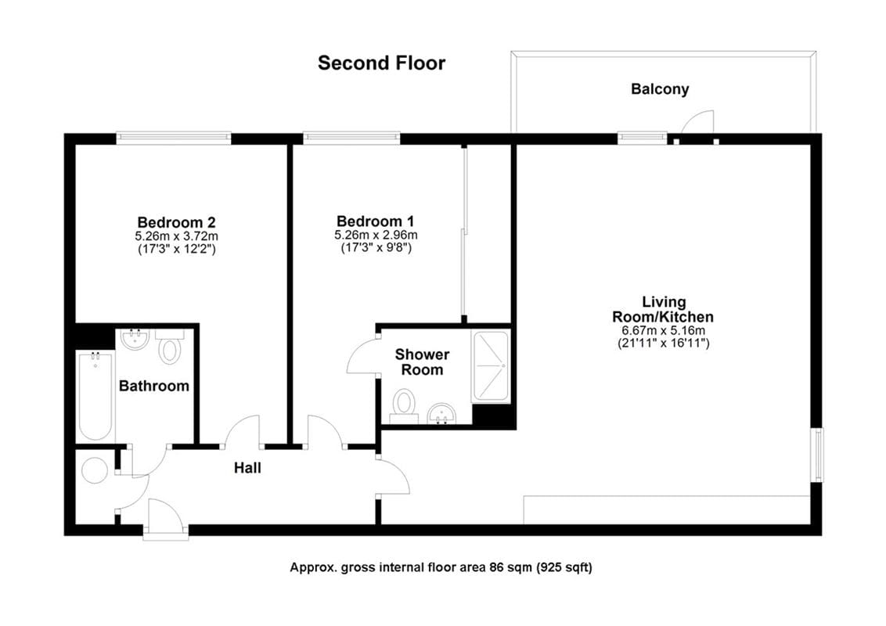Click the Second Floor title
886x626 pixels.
381,63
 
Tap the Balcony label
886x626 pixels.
660,89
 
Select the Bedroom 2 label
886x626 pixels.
176,221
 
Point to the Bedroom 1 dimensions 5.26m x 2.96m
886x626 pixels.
375,235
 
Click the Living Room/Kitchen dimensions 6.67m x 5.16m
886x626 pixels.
664,330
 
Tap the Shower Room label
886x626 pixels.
423,362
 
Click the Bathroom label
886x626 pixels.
153,386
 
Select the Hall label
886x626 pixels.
247,469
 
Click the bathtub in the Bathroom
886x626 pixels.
96,396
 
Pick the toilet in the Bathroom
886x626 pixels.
169,347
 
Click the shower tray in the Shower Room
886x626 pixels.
491,367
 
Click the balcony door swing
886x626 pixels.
699,121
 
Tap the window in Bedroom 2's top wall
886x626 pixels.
174,139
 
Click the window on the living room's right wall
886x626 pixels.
817,455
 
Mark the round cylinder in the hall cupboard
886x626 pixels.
95,470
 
